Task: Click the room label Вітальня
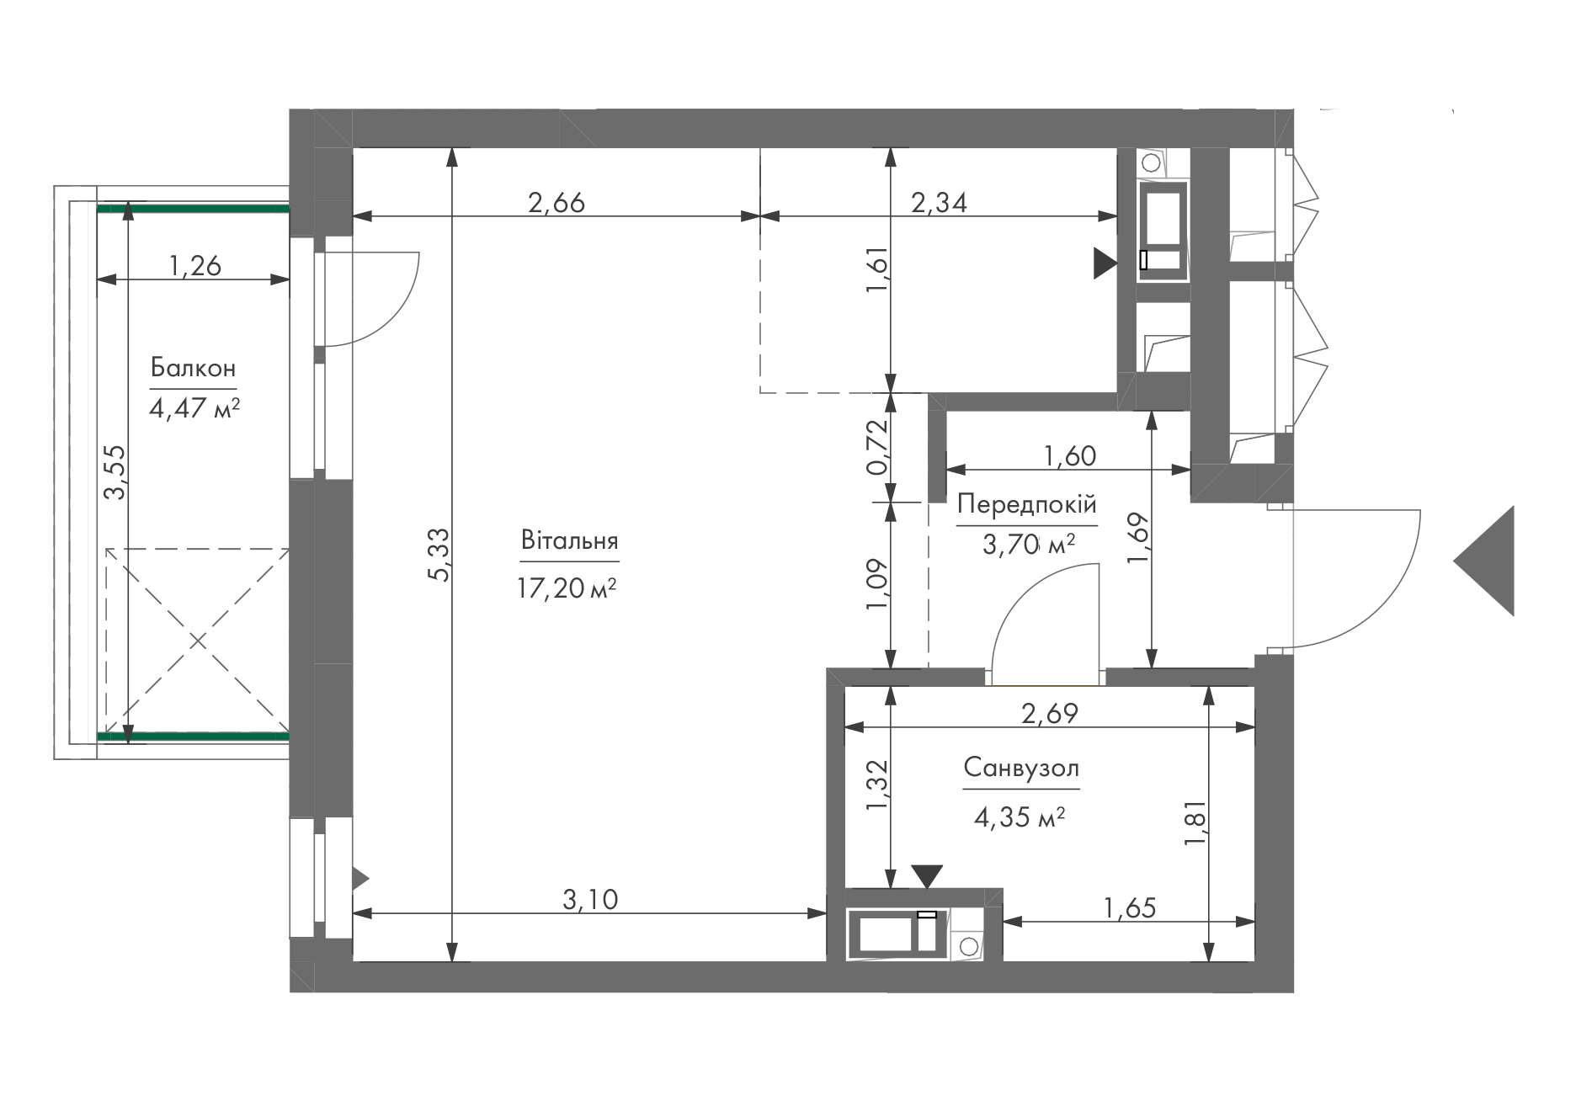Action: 570,540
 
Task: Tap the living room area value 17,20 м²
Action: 567,588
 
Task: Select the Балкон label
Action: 193,368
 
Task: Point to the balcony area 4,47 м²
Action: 194,409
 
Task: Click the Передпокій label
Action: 1027,505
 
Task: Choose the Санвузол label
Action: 1021,768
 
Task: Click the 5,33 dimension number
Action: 440,554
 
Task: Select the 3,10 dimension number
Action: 590,900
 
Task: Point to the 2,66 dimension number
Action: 556,202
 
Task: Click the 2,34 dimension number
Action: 939,202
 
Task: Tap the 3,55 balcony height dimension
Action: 114,472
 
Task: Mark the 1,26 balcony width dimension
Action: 194,266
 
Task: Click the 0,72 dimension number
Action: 877,447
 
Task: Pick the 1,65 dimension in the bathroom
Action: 1130,907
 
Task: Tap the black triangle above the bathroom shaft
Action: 927,876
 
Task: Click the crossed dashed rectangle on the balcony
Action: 198,641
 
